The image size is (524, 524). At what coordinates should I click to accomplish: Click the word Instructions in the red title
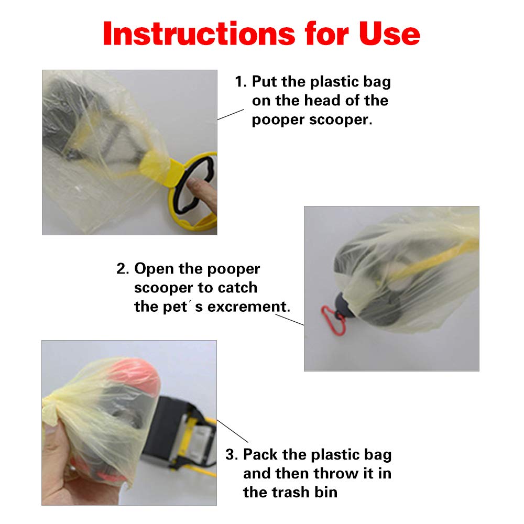pyautogui.click(x=199, y=34)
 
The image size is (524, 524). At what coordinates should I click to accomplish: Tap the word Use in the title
pyautogui.click(x=390, y=34)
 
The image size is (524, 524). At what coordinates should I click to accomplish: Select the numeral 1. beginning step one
pyautogui.click(x=241, y=82)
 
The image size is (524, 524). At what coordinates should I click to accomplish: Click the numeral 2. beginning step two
pyautogui.click(x=123, y=269)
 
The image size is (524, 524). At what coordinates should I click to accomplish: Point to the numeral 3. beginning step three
pyautogui.click(x=232, y=454)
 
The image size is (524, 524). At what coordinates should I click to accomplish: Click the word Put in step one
pyautogui.click(x=264, y=82)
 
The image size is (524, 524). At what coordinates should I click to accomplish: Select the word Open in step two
pyautogui.click(x=154, y=269)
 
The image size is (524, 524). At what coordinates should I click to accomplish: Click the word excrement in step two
pyautogui.click(x=248, y=307)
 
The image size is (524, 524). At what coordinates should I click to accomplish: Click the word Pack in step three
pyautogui.click(x=260, y=454)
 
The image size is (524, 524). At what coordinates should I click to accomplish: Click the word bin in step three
pyautogui.click(x=326, y=492)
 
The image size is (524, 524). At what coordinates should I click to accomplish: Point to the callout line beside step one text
pyautogui.click(x=231, y=114)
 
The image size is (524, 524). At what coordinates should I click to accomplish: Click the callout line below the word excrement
pyautogui.click(x=289, y=320)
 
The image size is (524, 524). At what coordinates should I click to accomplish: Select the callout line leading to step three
pyautogui.click(x=233, y=431)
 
